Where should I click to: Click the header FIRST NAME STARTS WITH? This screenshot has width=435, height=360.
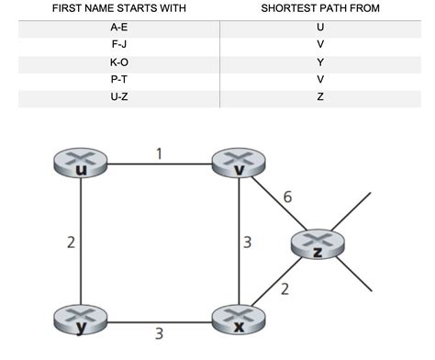pos(117,8)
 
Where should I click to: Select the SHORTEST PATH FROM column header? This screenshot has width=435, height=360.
pos(319,8)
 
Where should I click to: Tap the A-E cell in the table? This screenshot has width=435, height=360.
pos(117,28)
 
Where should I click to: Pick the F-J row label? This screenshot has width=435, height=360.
pos(117,43)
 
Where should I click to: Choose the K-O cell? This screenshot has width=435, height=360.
pos(117,61)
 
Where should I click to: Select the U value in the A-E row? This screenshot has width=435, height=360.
pos(319,28)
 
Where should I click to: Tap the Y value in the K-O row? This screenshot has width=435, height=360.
pos(319,61)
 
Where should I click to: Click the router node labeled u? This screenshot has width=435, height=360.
pos(82,165)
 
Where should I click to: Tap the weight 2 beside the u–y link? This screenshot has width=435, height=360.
pos(69,243)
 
